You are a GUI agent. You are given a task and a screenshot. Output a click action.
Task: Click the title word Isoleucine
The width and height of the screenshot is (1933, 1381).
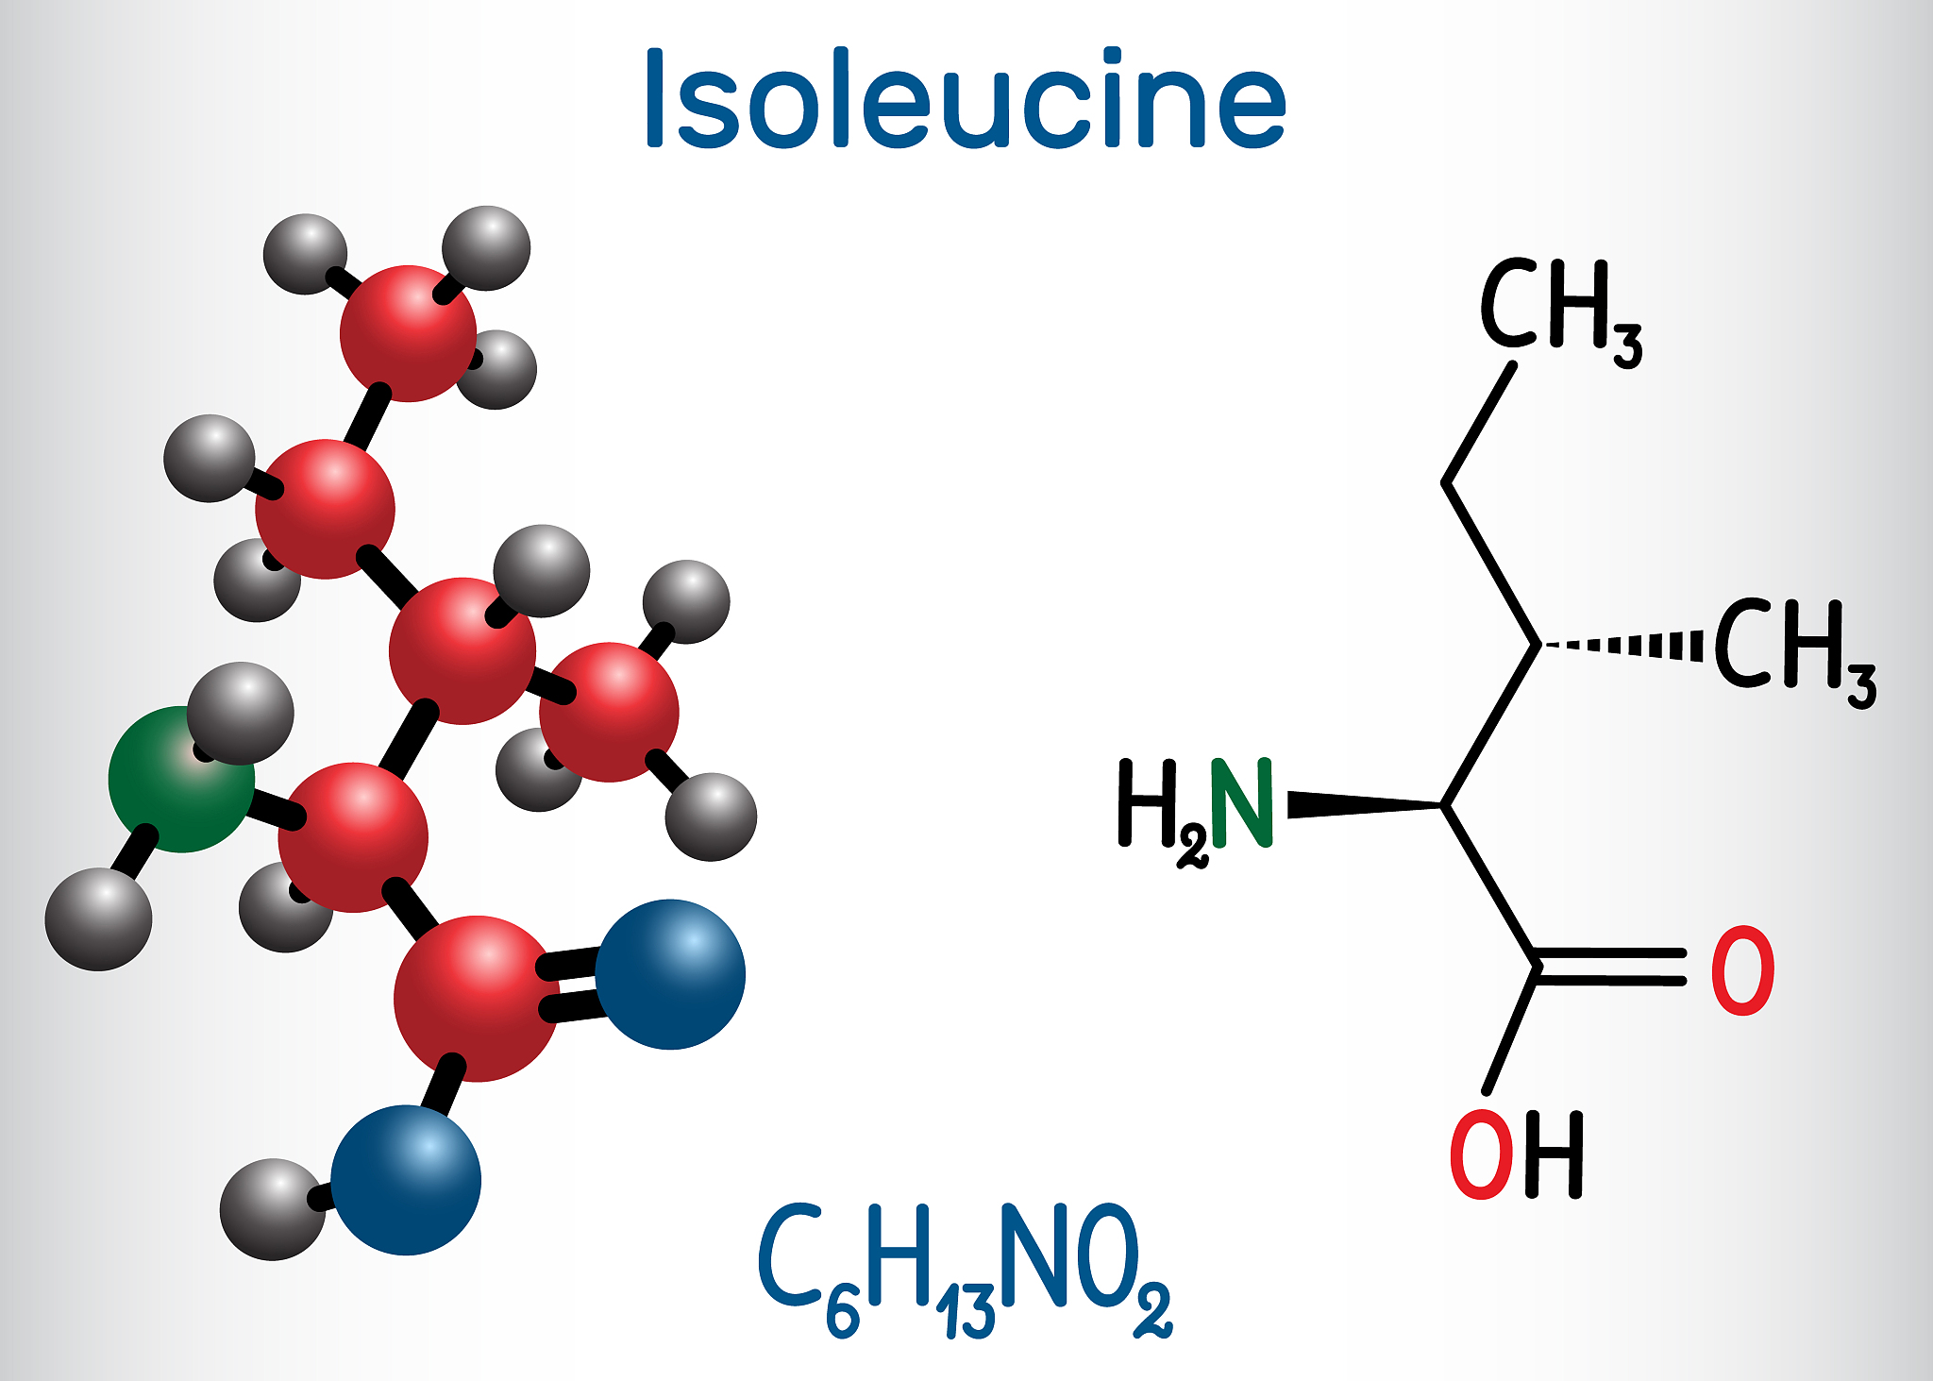[965, 98]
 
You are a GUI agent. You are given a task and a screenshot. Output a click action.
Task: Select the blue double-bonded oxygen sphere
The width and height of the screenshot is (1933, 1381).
[670, 974]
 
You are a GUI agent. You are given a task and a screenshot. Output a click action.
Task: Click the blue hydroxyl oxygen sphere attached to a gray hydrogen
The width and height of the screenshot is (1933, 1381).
[406, 1180]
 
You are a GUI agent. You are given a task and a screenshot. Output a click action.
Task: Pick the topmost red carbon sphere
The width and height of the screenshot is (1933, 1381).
[409, 333]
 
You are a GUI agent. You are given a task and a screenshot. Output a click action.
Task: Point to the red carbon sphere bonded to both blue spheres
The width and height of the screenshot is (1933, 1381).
[477, 998]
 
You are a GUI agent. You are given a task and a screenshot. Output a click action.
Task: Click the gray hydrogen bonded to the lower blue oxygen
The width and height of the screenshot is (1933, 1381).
[272, 1209]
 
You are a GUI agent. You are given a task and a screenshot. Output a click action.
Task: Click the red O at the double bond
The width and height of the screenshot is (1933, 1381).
[1743, 970]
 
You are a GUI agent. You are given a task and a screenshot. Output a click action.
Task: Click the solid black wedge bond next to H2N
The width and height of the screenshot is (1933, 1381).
[1366, 804]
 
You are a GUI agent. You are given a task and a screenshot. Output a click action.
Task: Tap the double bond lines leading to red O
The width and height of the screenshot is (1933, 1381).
[1608, 967]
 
